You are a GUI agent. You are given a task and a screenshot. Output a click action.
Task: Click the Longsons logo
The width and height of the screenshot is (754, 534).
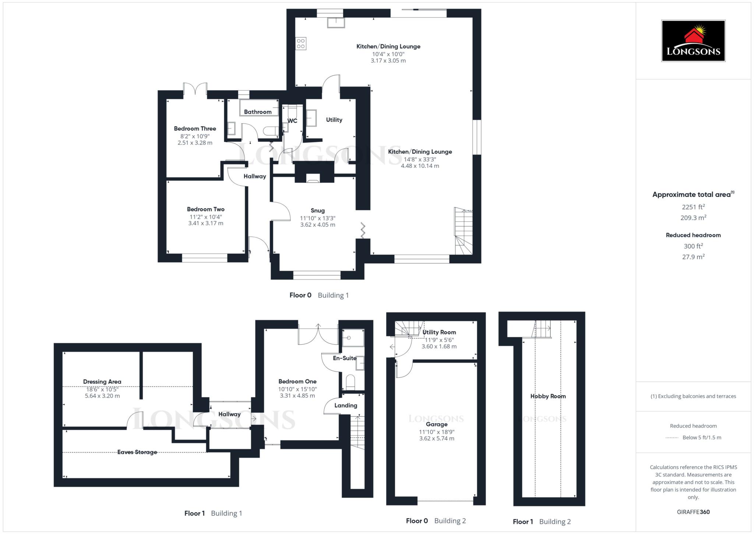[693, 41]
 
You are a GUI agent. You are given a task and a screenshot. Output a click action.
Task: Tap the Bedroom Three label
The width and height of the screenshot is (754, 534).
[195, 129]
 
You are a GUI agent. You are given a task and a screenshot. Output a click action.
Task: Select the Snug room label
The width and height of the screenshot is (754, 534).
[317, 210]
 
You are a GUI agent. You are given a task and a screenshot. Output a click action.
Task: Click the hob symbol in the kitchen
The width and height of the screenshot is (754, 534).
[300, 43]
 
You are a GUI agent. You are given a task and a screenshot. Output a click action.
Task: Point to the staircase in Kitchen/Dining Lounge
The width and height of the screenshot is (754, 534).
[464, 231]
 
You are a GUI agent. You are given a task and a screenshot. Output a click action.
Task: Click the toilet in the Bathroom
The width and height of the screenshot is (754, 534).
[272, 130]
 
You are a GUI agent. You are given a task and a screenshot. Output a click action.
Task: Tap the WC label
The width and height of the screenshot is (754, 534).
[292, 121]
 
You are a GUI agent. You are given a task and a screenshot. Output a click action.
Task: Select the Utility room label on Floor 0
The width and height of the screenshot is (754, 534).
[334, 120]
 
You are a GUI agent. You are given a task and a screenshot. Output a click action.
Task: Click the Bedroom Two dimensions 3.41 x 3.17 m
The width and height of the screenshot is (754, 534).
[205, 223]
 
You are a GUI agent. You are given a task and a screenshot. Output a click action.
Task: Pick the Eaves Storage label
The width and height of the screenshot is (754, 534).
[137, 452]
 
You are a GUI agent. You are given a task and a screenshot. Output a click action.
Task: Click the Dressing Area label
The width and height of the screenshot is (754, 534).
[102, 381]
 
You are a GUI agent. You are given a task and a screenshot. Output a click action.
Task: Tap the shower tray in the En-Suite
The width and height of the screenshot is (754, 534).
[353, 338]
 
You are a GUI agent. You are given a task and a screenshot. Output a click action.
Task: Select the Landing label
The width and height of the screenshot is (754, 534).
[345, 405]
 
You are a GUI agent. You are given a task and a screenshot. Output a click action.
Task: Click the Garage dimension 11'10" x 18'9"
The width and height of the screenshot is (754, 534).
[437, 432]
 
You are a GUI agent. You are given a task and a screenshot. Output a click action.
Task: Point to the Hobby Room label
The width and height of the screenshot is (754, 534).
[548, 396]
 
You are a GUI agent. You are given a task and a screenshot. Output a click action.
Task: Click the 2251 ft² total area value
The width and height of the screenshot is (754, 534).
[693, 207]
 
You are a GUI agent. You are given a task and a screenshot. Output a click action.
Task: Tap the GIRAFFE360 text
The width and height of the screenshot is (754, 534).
[693, 512]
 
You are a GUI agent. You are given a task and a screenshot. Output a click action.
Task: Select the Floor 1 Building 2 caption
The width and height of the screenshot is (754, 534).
[542, 521]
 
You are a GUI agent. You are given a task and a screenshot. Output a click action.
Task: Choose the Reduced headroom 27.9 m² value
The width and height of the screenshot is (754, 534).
[693, 257]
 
